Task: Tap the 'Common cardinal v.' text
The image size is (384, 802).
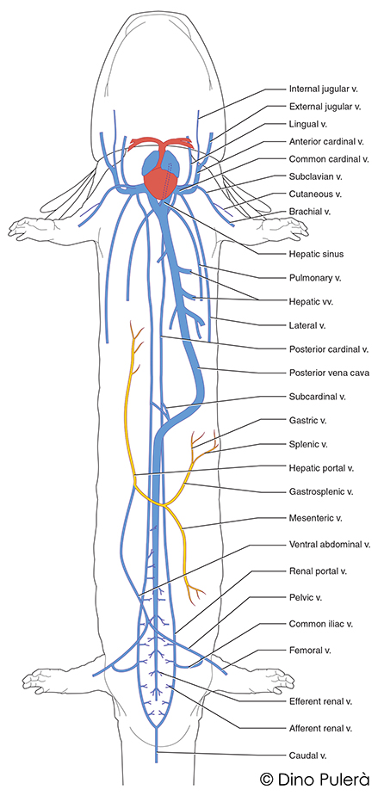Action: pos(329,159)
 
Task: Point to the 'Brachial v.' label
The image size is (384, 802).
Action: pos(310,211)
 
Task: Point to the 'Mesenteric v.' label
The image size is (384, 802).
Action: pos(316,518)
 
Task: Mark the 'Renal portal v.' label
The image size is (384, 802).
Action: pos(318,571)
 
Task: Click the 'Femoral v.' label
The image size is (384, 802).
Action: pos(312,650)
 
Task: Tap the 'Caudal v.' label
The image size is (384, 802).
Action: pos(308,754)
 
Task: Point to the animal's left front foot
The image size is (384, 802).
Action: pos(30,228)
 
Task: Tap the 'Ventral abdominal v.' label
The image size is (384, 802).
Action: pos(330,545)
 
